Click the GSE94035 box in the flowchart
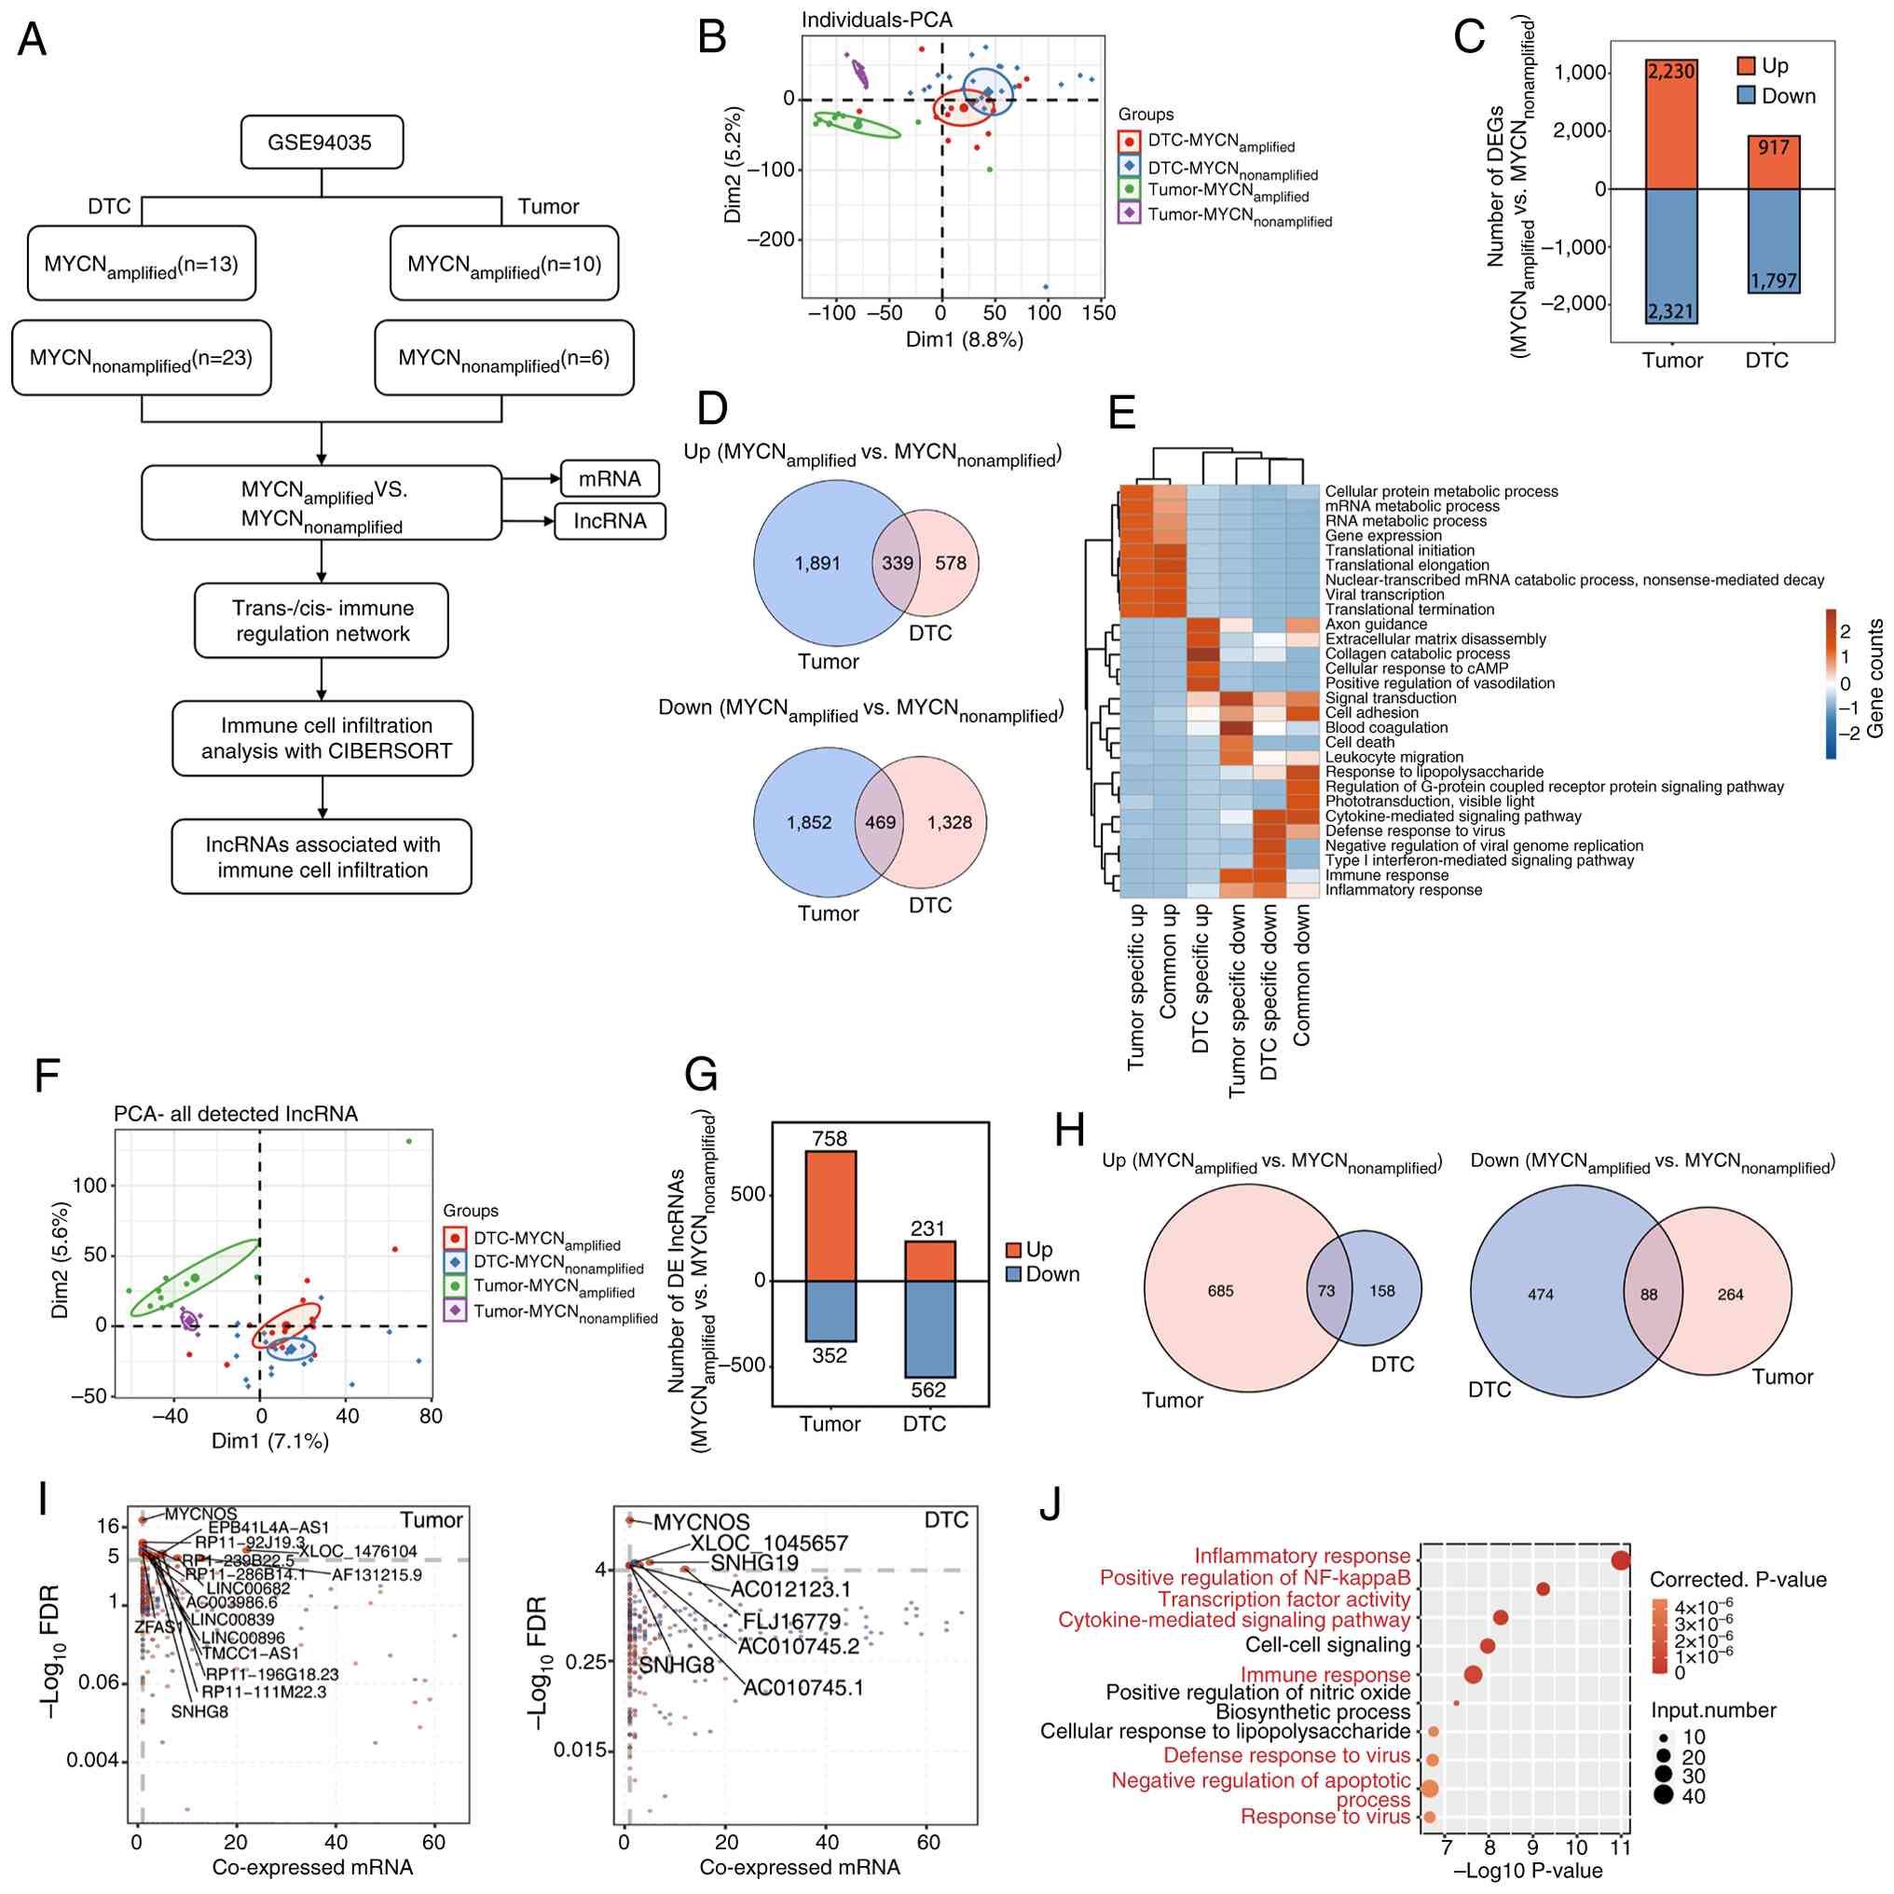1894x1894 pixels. pyautogui.click(x=321, y=143)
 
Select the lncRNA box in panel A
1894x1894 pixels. pyautogui.click(x=610, y=520)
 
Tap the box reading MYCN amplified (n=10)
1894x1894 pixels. pyautogui.click(x=504, y=264)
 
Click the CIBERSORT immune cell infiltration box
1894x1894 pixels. pyautogui.click(x=323, y=738)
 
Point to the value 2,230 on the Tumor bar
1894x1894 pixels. pyautogui.click(x=1670, y=71)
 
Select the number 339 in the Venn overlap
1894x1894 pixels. pyautogui.click(x=897, y=563)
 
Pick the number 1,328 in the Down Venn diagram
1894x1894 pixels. pyautogui.click(x=949, y=822)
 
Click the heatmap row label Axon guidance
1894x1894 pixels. pyautogui.click(x=1376, y=624)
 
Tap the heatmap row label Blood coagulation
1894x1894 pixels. pyautogui.click(x=1386, y=727)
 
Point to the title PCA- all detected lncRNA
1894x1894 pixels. pyautogui.click(x=235, y=1114)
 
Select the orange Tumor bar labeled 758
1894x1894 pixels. pyautogui.click(x=830, y=1215)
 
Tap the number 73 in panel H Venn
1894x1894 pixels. pyautogui.click(x=1326, y=1291)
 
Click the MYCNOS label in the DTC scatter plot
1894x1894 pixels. pyautogui.click(x=701, y=1522)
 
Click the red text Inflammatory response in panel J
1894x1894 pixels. pyautogui.click(x=1302, y=1556)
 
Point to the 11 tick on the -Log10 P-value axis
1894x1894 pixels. pyautogui.click(x=1621, y=1848)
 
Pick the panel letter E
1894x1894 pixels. pyautogui.click(x=1121, y=412)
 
